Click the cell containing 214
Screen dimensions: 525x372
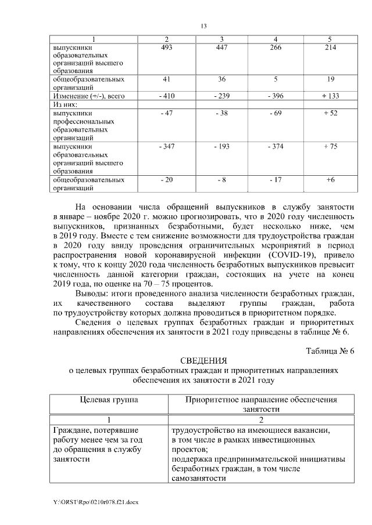click(x=330, y=48)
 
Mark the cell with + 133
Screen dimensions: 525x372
click(x=330, y=95)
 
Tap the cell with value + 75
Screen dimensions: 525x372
click(x=330, y=147)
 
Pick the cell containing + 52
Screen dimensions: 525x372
click(x=330, y=113)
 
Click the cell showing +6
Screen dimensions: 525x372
click(x=330, y=180)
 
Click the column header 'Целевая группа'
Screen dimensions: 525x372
click(x=109, y=400)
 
